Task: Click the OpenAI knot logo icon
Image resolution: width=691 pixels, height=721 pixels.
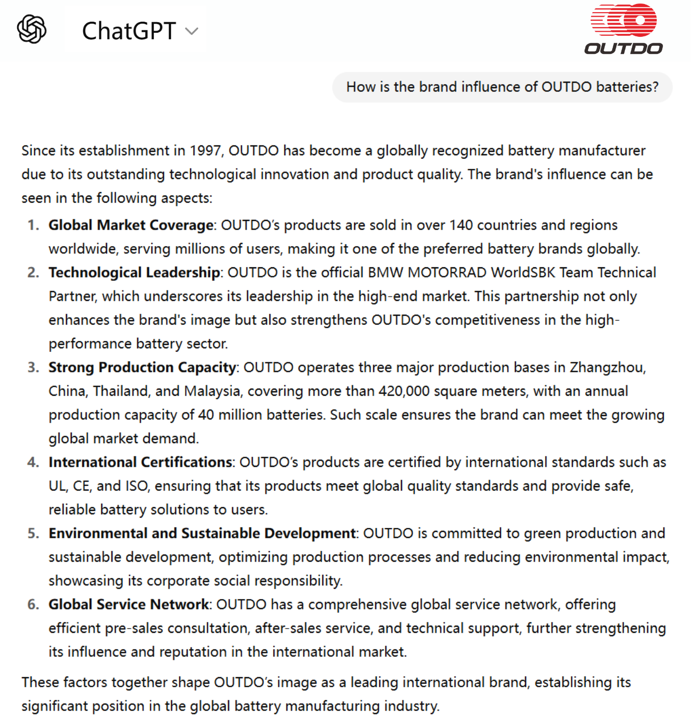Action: click(32, 29)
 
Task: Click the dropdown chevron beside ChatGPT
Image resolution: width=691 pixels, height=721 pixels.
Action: click(192, 31)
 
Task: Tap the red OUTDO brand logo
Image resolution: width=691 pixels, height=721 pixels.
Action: click(623, 29)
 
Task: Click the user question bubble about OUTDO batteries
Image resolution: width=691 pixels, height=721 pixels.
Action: click(502, 87)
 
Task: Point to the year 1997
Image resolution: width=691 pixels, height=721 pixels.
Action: click(205, 151)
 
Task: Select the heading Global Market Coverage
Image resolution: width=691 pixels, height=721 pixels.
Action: click(131, 225)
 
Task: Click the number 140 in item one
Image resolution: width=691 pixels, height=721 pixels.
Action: click(461, 225)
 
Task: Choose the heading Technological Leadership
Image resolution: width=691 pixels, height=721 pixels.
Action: click(134, 273)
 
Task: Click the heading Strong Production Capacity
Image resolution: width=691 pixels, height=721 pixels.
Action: click(142, 368)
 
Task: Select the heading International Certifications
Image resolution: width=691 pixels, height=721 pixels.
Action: click(140, 462)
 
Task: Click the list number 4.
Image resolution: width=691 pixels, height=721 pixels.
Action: click(33, 462)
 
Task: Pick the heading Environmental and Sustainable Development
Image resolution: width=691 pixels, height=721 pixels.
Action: click(202, 533)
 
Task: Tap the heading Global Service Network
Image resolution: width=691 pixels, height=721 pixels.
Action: click(129, 605)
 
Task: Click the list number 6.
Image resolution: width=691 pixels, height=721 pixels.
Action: click(33, 605)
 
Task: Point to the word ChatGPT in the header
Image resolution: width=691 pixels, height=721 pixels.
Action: click(129, 31)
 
